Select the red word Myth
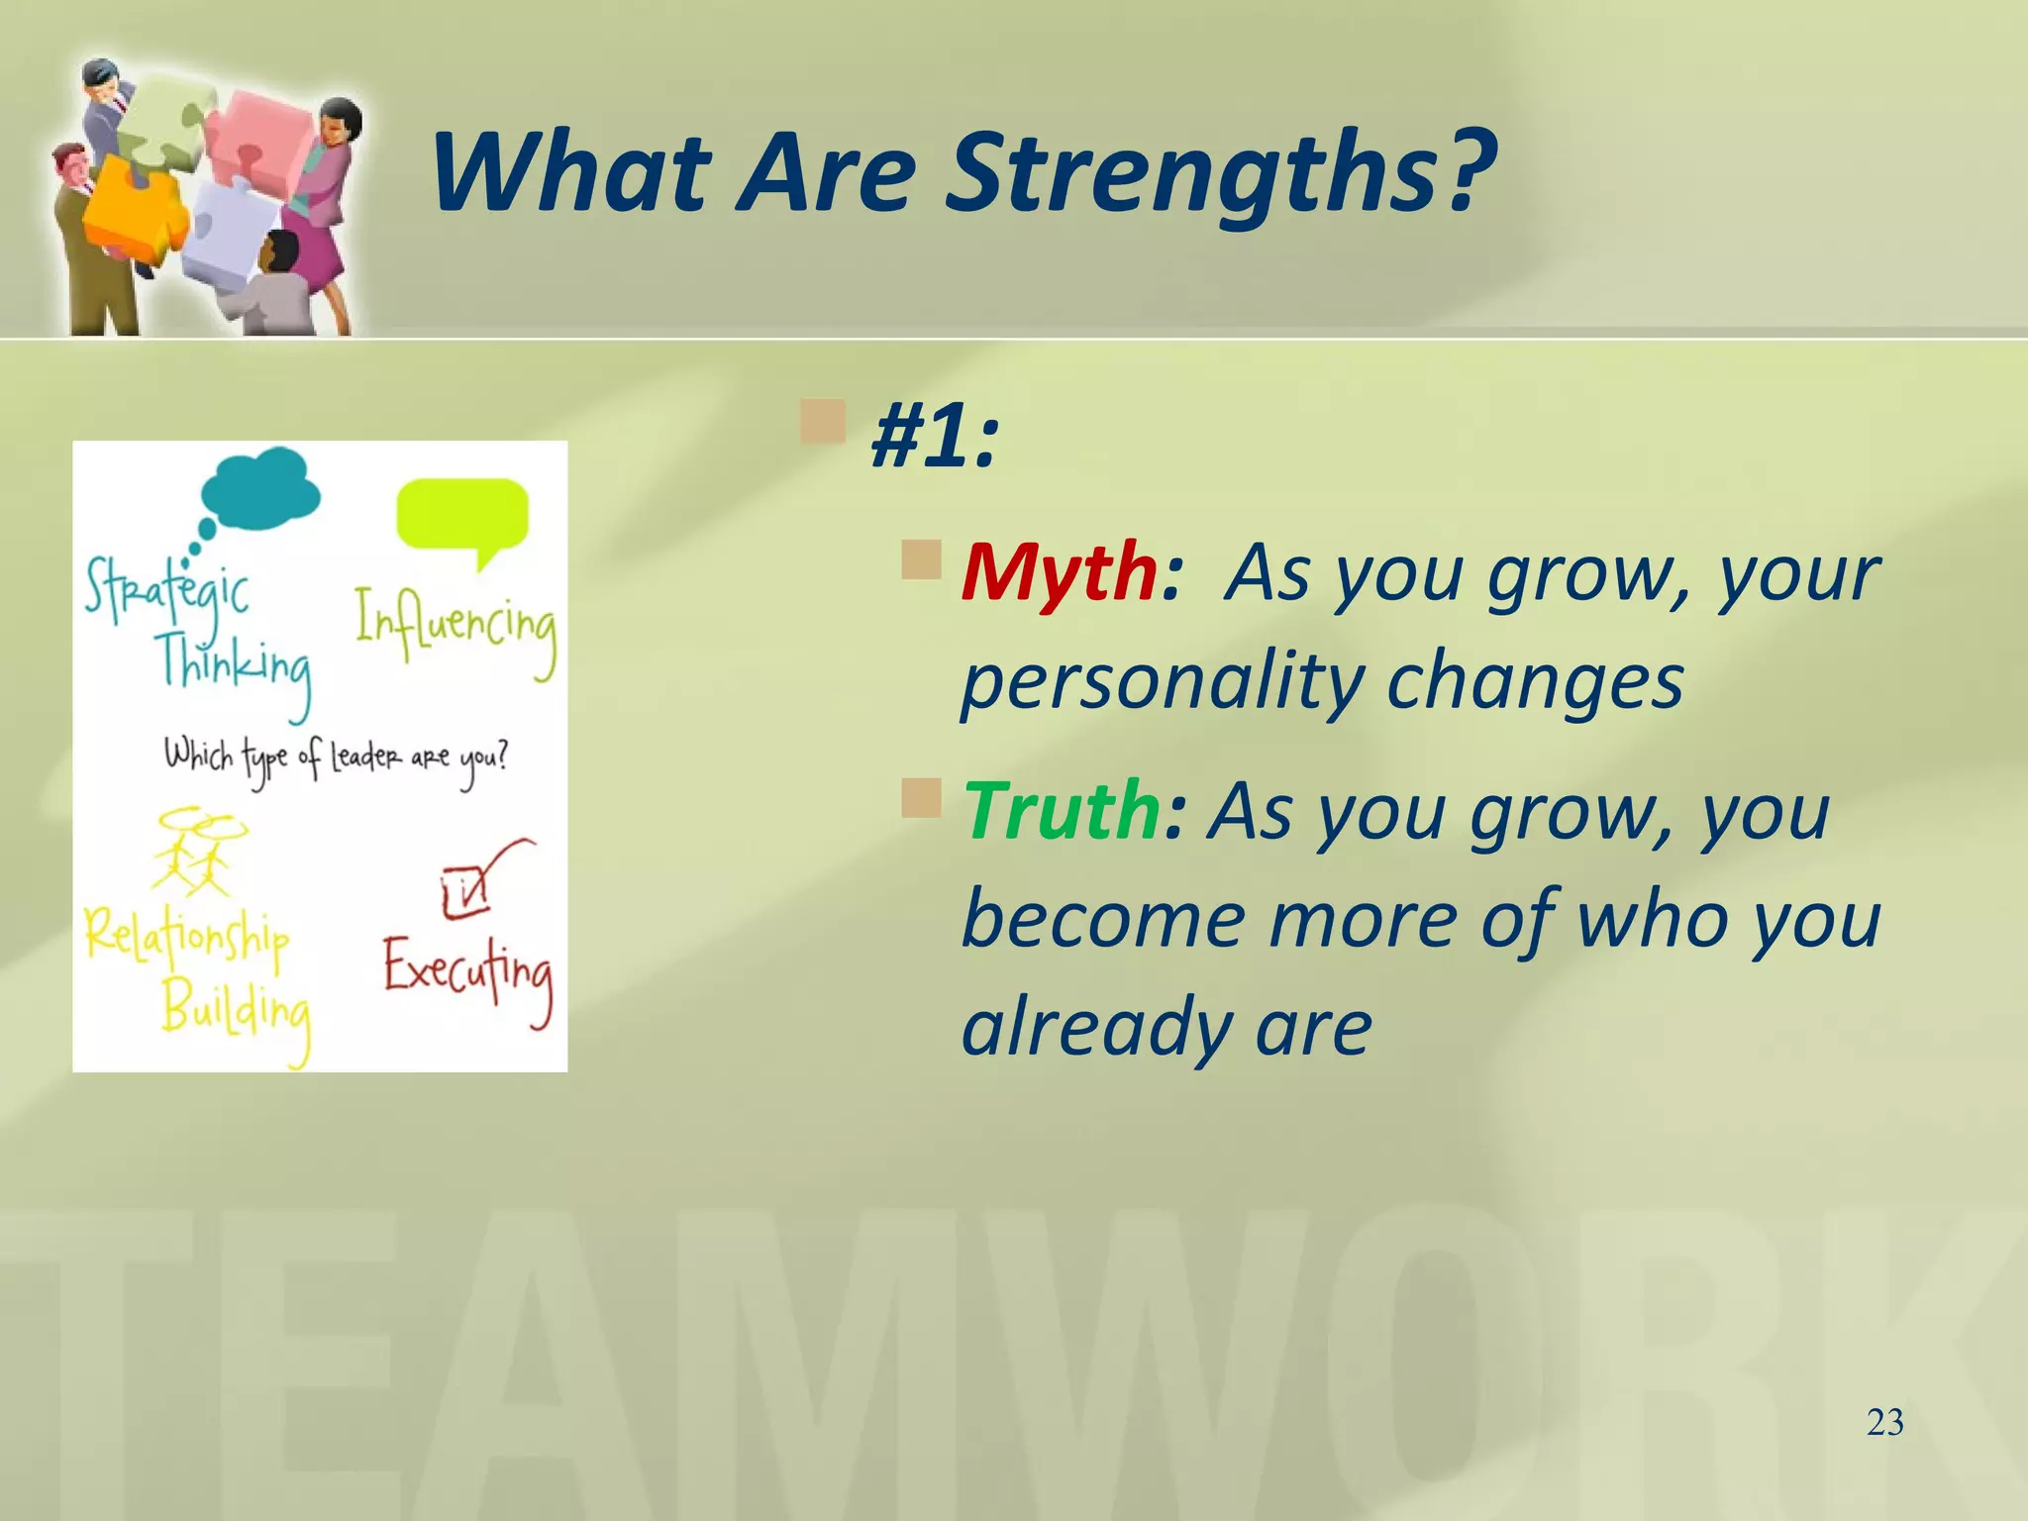pyautogui.click(x=1058, y=573)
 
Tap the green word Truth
pyautogui.click(x=1062, y=811)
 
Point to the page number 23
pyautogui.click(x=1884, y=1423)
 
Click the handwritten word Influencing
pyautogui.click(x=456, y=629)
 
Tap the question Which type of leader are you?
pyautogui.click(x=335, y=760)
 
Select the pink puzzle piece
pyautogui.click(x=259, y=139)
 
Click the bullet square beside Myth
pyautogui.click(x=921, y=559)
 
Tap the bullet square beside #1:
pyautogui.click(x=823, y=422)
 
